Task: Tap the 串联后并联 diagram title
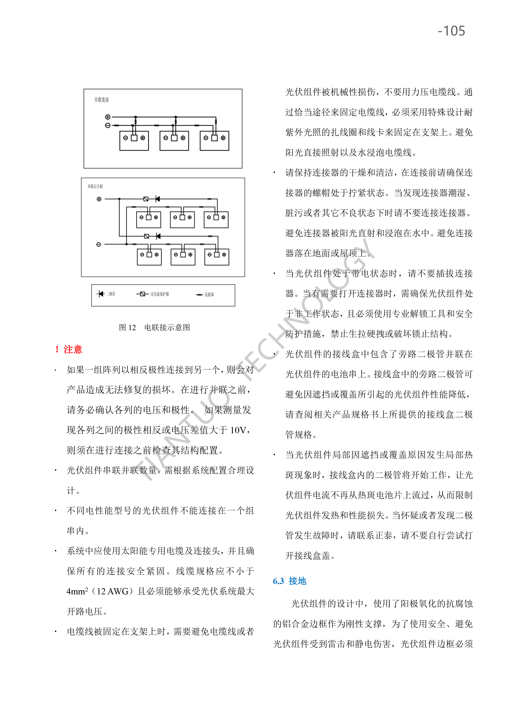pyautogui.click(x=95, y=186)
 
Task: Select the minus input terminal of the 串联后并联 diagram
pyautogui.click(x=98, y=244)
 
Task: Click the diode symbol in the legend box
pyautogui.click(x=101, y=294)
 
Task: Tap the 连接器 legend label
pyautogui.click(x=209, y=294)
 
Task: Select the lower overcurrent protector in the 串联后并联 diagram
pyautogui.click(x=146, y=236)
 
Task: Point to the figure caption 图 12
pyautogui.click(x=127, y=327)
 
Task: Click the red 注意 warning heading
pyautogui.click(x=73, y=349)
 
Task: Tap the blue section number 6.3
pyautogui.click(x=278, y=581)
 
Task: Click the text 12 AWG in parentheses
pyautogui.click(x=113, y=591)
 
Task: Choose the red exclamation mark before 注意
pyautogui.click(x=57, y=349)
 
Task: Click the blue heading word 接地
pyautogui.click(x=297, y=581)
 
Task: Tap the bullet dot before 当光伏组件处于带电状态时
pyautogui.click(x=274, y=274)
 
